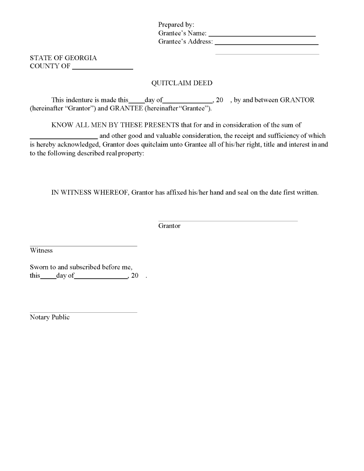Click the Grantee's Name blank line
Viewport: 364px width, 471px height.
[x=262, y=36]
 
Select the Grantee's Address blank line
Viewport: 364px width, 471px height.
[x=266, y=44]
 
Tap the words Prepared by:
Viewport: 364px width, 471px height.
[x=176, y=25]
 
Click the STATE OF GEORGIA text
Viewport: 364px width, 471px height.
[x=63, y=58]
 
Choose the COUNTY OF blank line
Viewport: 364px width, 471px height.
[x=102, y=69]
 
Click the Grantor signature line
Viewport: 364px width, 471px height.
[x=228, y=220]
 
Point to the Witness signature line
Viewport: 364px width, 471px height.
[x=83, y=245]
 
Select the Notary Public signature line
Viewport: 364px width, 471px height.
[x=83, y=312]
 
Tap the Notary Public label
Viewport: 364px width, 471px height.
[x=50, y=317]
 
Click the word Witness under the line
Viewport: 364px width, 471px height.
[x=41, y=251]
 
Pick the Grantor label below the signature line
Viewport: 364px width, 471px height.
[x=169, y=226]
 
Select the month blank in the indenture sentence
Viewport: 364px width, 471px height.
[x=188, y=102]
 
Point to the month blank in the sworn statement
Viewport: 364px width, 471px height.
[x=101, y=278]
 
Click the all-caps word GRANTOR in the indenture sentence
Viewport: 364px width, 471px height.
[x=297, y=100]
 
